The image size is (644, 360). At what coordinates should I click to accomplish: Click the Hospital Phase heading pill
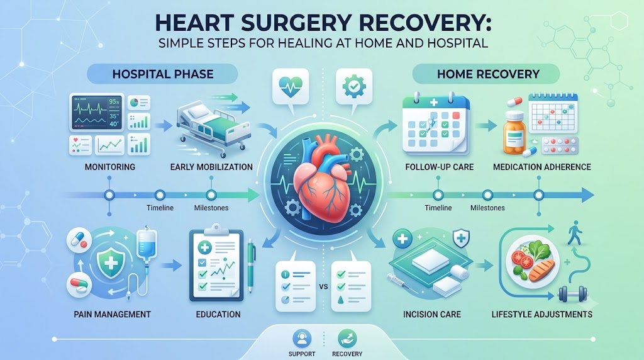(163, 74)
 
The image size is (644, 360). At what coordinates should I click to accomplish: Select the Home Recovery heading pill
(486, 74)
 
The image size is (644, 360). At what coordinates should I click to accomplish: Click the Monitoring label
(109, 167)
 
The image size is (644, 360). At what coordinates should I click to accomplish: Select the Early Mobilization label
(211, 167)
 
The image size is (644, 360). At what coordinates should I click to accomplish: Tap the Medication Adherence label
(541, 167)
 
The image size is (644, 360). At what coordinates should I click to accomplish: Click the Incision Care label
(431, 315)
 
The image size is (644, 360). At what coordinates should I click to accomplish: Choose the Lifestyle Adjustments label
(541, 315)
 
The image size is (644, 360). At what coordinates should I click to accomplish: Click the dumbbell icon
(573, 295)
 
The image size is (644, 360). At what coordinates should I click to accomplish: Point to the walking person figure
(575, 233)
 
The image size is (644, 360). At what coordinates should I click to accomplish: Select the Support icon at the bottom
(302, 339)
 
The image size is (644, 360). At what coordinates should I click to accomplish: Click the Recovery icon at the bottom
(347, 339)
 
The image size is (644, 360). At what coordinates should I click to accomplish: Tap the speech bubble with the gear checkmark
(353, 89)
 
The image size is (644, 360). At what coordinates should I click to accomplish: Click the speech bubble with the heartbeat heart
(291, 89)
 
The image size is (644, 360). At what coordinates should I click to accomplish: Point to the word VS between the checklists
(323, 286)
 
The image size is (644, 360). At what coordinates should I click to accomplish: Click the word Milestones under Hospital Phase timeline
(211, 208)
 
